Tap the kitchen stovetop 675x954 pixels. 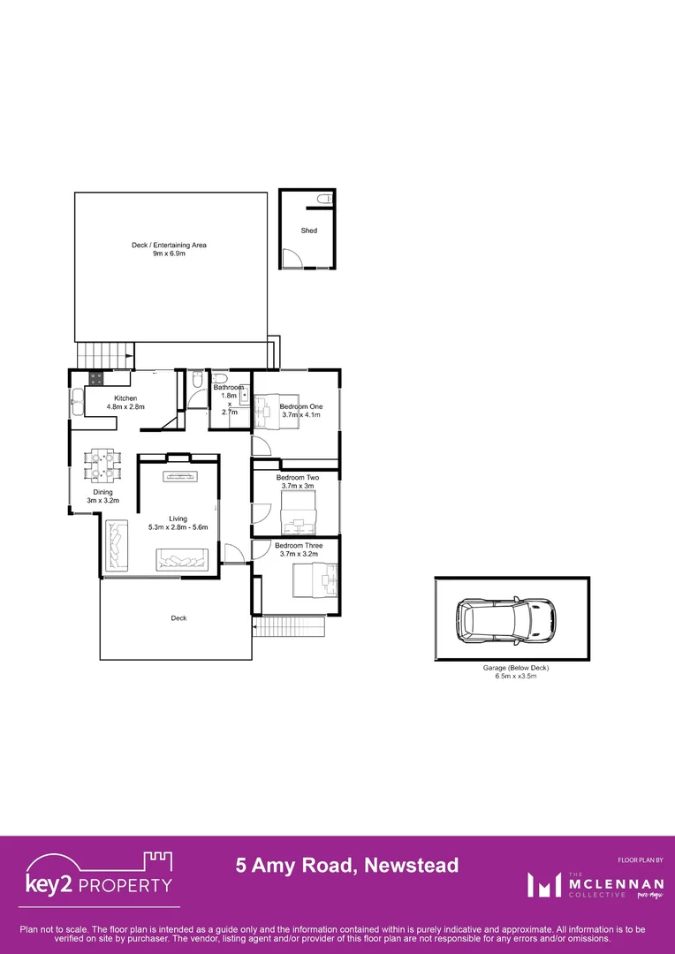[95, 380]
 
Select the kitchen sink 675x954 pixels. [77, 406]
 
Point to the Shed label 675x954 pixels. [308, 231]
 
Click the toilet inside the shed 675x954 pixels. [326, 200]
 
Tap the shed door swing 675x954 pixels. [291, 257]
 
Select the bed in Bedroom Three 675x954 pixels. [315, 580]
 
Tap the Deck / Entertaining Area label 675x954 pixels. [169, 249]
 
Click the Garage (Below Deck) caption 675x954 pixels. [511, 672]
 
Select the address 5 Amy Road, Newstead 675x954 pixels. [347, 865]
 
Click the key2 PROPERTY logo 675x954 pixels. [98, 875]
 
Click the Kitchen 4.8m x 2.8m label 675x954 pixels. [125, 403]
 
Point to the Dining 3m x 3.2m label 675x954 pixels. [103, 496]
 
